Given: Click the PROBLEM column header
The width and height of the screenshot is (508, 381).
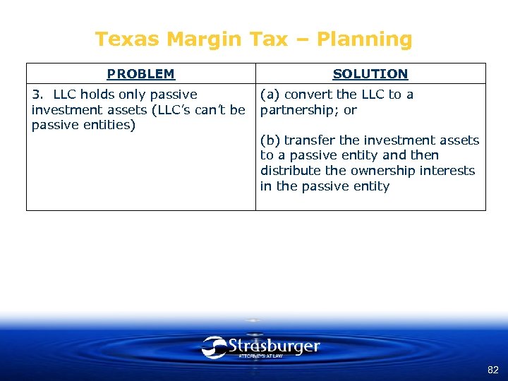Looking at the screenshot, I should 140,74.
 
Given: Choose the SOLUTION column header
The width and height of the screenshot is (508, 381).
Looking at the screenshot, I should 370,74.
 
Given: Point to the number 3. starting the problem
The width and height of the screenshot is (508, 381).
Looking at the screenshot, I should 38,95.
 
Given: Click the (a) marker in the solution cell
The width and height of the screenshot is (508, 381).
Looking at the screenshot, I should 270,95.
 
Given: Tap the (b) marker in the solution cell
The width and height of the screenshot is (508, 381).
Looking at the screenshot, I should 270,140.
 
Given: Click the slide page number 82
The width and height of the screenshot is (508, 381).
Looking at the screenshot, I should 492,370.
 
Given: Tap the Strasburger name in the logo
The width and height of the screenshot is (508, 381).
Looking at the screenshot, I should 274,346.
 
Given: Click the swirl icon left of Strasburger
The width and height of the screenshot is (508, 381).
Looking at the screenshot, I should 213,347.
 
